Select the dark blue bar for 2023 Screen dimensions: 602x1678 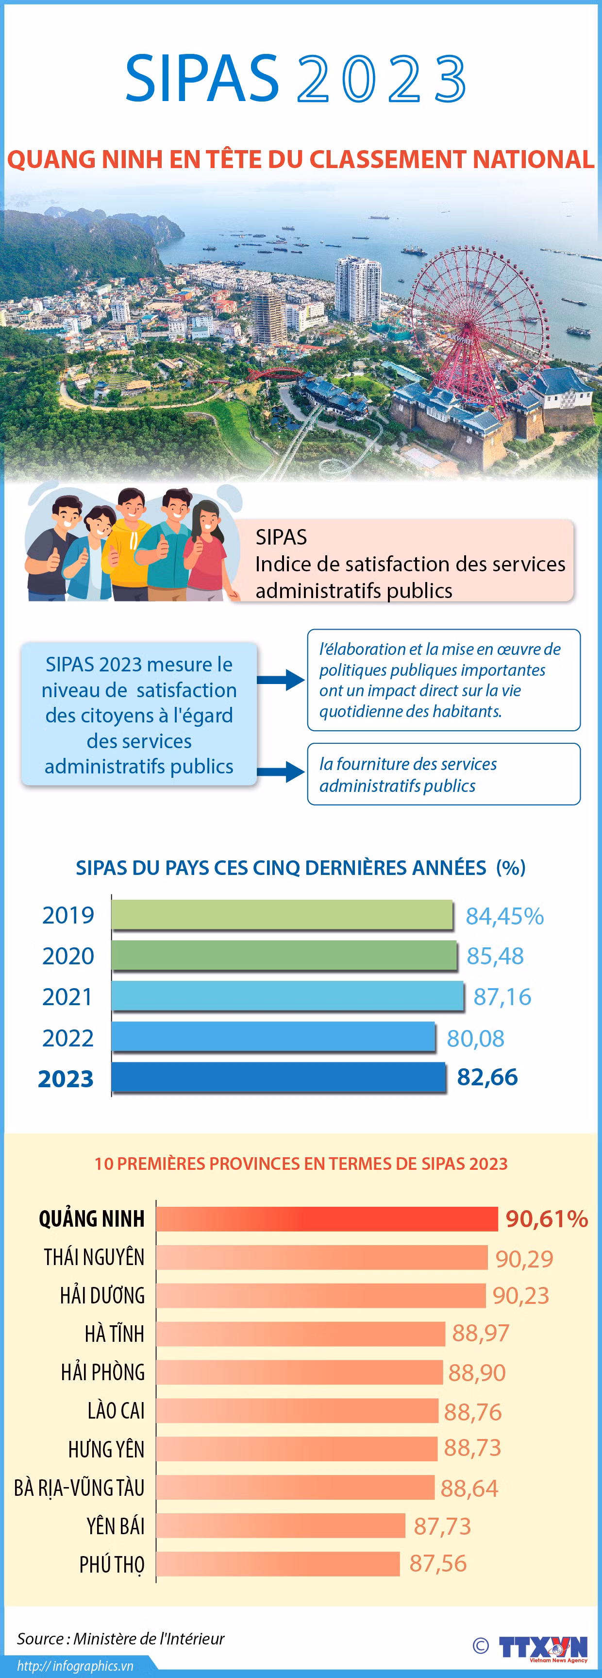tap(279, 1078)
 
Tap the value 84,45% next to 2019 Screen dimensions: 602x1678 tap(504, 916)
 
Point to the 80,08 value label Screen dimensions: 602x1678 tap(476, 1038)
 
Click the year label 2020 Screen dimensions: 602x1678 tap(68, 956)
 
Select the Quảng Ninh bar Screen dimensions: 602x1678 tap(327, 1219)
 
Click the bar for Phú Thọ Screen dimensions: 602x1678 tap(278, 1563)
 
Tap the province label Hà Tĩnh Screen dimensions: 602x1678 tap(115, 1333)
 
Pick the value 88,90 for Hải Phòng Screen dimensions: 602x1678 tap(477, 1372)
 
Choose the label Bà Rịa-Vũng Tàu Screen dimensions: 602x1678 tap(80, 1487)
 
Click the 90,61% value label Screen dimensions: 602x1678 tap(547, 1219)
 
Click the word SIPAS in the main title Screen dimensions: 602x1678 tap(202, 78)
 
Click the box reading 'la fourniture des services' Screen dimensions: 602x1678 tap(444, 774)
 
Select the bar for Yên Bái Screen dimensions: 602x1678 tap(281, 1525)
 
